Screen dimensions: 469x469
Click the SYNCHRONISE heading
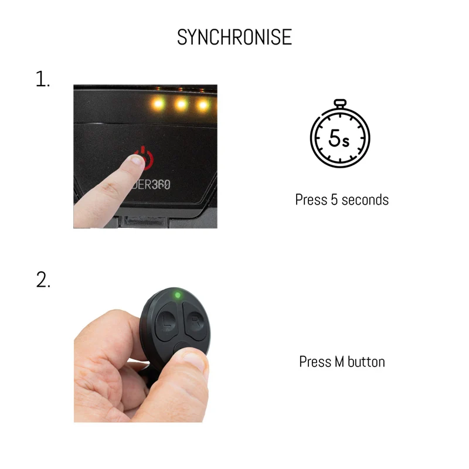point(234,37)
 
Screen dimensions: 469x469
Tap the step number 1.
point(42,79)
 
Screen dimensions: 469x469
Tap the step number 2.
point(43,280)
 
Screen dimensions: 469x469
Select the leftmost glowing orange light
point(158,104)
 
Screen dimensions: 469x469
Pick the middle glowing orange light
point(181,104)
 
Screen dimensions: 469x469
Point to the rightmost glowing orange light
point(203,105)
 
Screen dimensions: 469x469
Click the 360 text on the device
point(161,185)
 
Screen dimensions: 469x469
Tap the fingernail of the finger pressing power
point(137,160)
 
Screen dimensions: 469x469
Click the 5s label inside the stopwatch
point(339,138)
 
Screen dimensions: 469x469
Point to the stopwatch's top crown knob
point(340,104)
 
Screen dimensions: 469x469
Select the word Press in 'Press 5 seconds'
point(311,199)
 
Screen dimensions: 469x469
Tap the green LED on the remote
point(178,295)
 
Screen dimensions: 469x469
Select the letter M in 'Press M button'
point(339,362)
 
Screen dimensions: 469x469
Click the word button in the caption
point(366,362)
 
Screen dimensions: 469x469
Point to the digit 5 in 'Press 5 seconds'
point(334,199)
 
